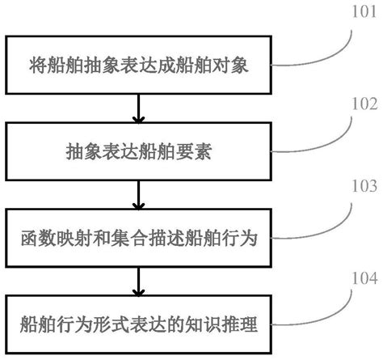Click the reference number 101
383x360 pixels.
click(x=360, y=13)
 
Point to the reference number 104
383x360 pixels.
click(x=360, y=279)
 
